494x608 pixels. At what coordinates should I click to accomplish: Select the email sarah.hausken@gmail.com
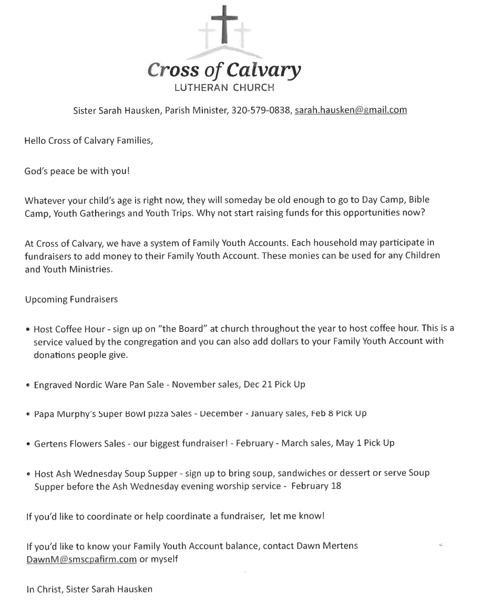tap(351, 110)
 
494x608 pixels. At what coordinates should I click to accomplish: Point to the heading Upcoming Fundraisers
tap(71, 299)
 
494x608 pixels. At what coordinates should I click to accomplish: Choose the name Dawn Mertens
tap(327, 546)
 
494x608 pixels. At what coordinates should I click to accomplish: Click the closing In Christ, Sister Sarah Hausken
tap(89, 589)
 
